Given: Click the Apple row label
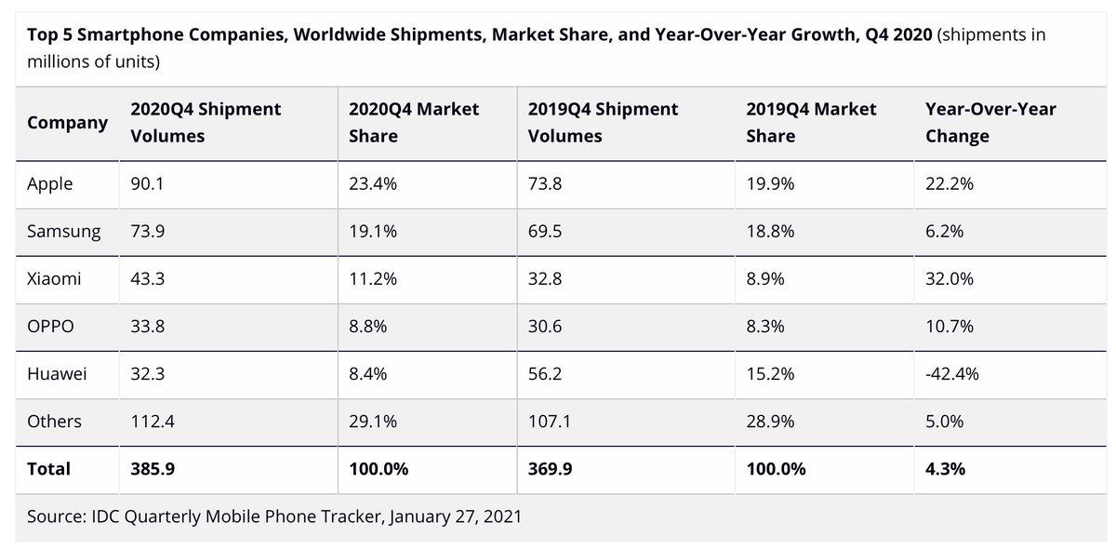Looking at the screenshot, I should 49,184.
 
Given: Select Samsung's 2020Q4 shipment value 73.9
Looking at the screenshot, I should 147,232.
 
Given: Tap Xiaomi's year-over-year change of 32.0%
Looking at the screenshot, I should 949,279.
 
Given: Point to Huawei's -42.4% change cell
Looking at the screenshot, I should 952,374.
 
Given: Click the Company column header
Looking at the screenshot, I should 67,123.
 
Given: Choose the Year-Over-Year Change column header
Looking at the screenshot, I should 990,123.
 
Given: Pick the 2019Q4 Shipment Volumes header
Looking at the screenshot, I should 603,123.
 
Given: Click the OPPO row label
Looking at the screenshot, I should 50,327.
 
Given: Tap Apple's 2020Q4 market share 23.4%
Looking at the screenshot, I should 372,184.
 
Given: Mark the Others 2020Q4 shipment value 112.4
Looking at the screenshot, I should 153,422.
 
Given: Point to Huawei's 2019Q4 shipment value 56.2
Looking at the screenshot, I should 545,374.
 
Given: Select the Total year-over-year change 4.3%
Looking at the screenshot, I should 945,469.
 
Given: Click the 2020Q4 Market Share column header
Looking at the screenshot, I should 413,123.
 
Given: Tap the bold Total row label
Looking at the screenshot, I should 48,469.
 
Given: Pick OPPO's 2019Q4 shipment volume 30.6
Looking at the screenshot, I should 545,327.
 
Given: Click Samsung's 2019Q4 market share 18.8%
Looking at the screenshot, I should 770,232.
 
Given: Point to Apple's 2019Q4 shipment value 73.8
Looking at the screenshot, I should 545,184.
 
